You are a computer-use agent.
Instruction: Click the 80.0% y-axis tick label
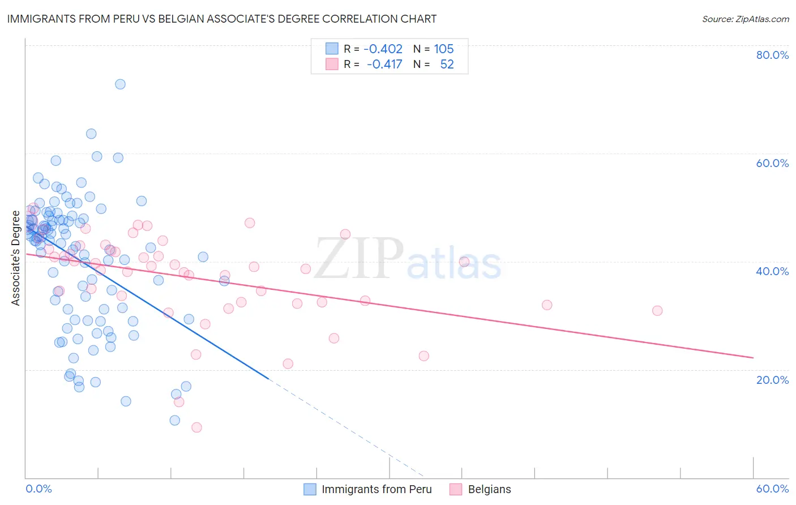[772, 55]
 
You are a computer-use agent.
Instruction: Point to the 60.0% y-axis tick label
[772, 163]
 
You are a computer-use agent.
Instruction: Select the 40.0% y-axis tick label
[772, 271]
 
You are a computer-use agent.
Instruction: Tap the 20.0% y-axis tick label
[772, 380]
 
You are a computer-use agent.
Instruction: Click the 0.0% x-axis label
[38, 489]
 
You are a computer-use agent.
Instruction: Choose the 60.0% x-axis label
[772, 489]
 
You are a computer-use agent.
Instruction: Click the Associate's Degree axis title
[16, 258]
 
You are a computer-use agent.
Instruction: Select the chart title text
[222, 19]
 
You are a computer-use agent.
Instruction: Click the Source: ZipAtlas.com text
[745, 19]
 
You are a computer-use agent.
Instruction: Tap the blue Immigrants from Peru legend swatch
[310, 489]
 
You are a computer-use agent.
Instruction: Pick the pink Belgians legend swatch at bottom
[456, 489]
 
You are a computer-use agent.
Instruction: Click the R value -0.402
[383, 49]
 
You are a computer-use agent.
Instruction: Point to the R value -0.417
[384, 64]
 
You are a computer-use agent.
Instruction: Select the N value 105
[444, 49]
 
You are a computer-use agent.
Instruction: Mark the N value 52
[447, 64]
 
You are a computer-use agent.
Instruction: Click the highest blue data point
[120, 84]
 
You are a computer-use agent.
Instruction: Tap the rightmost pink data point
[657, 311]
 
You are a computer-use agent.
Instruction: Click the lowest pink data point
[196, 427]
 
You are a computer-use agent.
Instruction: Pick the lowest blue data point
[175, 420]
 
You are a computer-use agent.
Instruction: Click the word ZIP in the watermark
[358, 259]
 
